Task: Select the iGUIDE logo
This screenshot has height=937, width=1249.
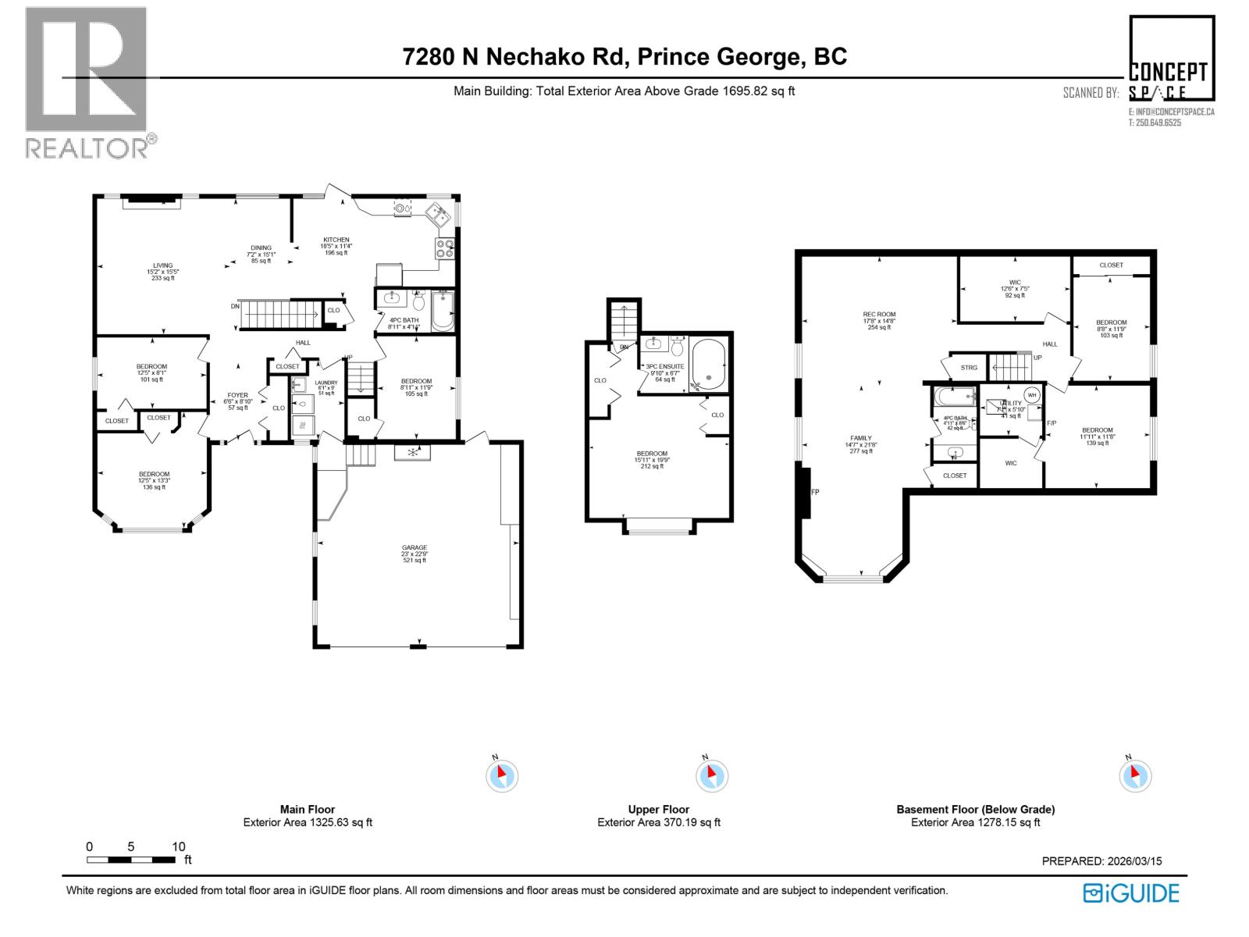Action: pyautogui.click(x=1131, y=892)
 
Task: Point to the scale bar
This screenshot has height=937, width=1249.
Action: pyautogui.click(x=131, y=860)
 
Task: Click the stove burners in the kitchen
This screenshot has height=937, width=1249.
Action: pyautogui.click(x=445, y=248)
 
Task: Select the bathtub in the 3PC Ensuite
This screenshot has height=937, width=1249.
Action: pyautogui.click(x=708, y=365)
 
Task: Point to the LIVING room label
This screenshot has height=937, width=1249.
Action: pyautogui.click(x=163, y=265)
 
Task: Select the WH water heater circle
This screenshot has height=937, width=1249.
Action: pyautogui.click(x=1031, y=395)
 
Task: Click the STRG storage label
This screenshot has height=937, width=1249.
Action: pyautogui.click(x=968, y=368)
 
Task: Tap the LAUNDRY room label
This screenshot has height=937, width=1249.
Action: pyautogui.click(x=326, y=383)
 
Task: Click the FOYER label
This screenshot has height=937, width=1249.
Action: pyautogui.click(x=237, y=395)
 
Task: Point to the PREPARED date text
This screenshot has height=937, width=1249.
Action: pyautogui.click(x=1101, y=861)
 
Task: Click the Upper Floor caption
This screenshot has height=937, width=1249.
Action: pyautogui.click(x=658, y=810)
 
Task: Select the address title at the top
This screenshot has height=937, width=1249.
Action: pyautogui.click(x=624, y=57)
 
